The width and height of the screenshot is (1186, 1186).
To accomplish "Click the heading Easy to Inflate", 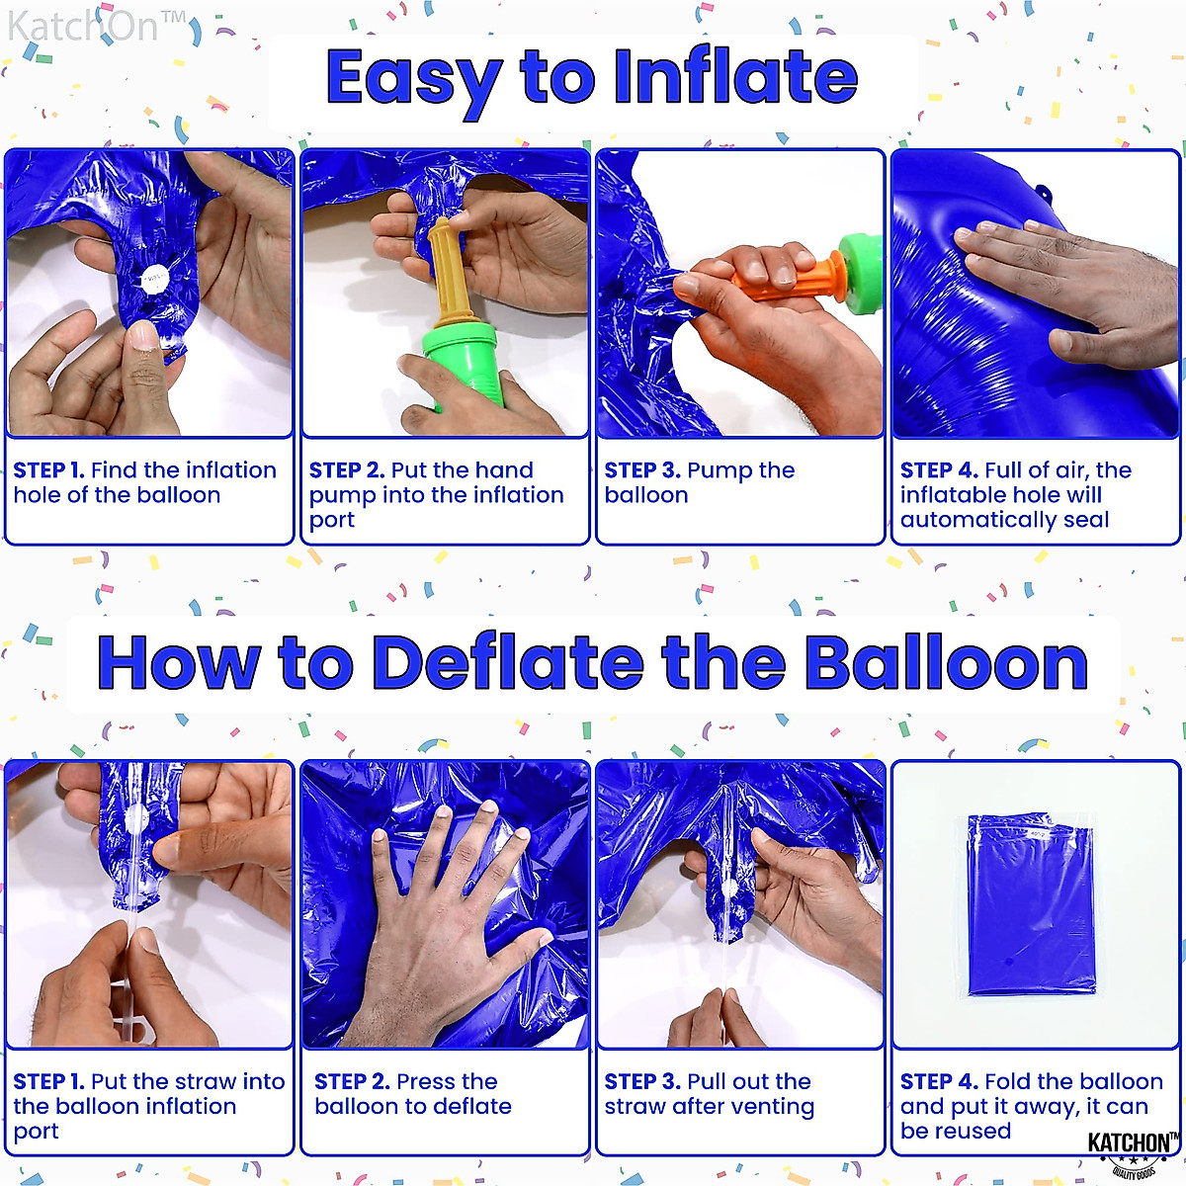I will (591, 79).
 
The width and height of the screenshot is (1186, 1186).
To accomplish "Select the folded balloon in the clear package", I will (1031, 904).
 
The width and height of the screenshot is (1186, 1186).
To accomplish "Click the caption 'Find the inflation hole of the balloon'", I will (145, 482).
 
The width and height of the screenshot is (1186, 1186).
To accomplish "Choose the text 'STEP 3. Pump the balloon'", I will (699, 482).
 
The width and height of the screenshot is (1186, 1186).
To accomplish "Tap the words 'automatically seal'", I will (1004, 520).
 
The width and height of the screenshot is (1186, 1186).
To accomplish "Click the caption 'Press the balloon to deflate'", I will (412, 1094).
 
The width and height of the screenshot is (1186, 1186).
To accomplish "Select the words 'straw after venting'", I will (709, 1107).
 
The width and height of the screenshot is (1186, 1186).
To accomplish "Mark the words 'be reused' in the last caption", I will (955, 1131).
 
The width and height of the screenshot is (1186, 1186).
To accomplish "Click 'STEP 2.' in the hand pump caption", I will (346, 470).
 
